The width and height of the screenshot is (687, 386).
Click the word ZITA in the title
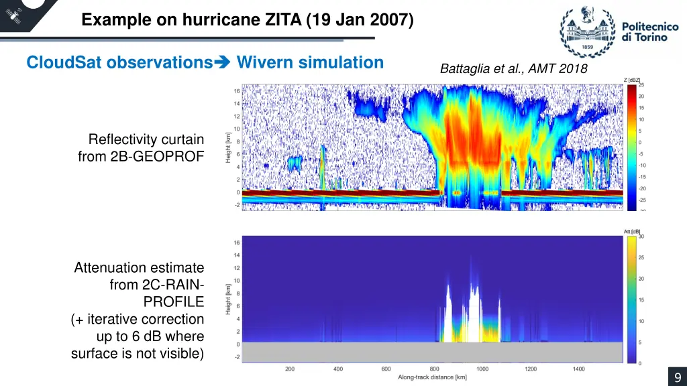coord(284,20)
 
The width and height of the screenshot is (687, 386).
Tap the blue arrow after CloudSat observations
coord(222,63)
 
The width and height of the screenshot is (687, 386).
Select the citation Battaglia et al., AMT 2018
coord(513,68)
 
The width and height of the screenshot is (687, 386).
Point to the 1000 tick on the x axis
coord(482,369)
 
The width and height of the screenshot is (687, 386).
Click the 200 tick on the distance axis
coord(290,369)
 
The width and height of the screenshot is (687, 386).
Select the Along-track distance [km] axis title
coord(432,378)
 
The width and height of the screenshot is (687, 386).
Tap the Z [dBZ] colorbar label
coord(632,80)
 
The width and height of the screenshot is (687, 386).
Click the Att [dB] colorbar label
coord(632,231)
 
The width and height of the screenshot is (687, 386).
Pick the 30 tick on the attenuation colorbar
coord(641,236)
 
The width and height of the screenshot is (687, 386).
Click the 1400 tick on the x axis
coord(578,369)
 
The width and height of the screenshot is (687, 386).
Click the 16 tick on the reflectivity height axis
coord(237,91)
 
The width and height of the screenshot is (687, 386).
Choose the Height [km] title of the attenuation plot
coord(229,299)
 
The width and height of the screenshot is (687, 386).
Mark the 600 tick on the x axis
coord(386,369)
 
